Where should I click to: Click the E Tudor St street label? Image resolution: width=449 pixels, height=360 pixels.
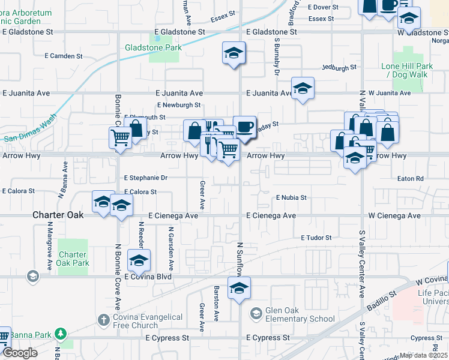(316, 238)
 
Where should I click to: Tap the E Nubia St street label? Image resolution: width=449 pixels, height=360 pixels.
(291, 197)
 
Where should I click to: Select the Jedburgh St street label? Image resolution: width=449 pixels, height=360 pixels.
(339, 68)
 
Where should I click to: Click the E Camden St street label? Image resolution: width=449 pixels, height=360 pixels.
(63, 56)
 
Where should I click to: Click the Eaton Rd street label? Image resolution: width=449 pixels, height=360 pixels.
(411, 179)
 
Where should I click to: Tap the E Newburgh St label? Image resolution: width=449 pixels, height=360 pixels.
(178, 105)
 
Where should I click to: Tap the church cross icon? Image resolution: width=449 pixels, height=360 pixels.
(103, 318)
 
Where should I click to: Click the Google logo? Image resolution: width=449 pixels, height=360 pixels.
(20, 353)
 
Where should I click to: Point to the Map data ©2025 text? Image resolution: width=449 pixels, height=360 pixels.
(423, 355)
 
